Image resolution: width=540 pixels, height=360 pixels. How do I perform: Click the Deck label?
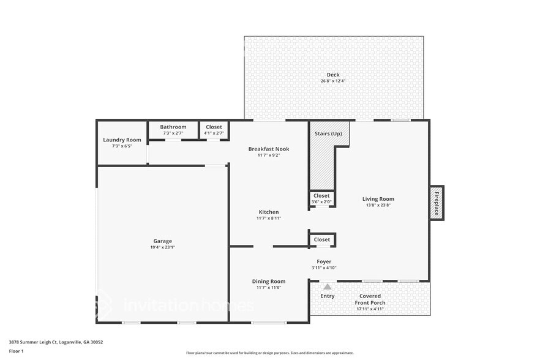pos(333,75)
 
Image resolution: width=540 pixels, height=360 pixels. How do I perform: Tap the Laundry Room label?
pos(122,140)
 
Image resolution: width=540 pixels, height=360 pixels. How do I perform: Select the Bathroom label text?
pos(173,127)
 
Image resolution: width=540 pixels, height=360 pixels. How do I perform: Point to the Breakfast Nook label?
pos(269,149)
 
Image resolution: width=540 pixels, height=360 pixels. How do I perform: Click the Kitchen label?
pos(269,212)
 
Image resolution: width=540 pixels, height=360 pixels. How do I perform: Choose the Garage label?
pos(162,241)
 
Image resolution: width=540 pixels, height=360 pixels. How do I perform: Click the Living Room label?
pos(378,198)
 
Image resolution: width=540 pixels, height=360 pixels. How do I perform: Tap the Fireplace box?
pos(437,203)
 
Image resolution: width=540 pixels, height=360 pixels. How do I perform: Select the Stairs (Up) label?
pos(328,133)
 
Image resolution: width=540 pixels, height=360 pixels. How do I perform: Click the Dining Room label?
pos(269,282)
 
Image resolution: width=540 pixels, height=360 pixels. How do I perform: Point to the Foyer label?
pos(324,261)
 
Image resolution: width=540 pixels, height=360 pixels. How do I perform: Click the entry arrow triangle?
pos(328,286)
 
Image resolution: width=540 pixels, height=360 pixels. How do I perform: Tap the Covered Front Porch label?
pos(370,299)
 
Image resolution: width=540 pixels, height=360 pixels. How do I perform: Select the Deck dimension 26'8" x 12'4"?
pos(333,81)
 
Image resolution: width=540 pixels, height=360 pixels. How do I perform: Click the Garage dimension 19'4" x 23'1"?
pos(162,247)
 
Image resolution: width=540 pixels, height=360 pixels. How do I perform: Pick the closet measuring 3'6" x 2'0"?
pos(321,198)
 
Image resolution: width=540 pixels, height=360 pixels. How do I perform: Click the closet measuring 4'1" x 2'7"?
pos(214,130)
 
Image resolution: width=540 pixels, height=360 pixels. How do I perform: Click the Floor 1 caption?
pos(17,351)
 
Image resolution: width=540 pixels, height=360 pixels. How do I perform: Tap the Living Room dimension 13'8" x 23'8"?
pos(378,205)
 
